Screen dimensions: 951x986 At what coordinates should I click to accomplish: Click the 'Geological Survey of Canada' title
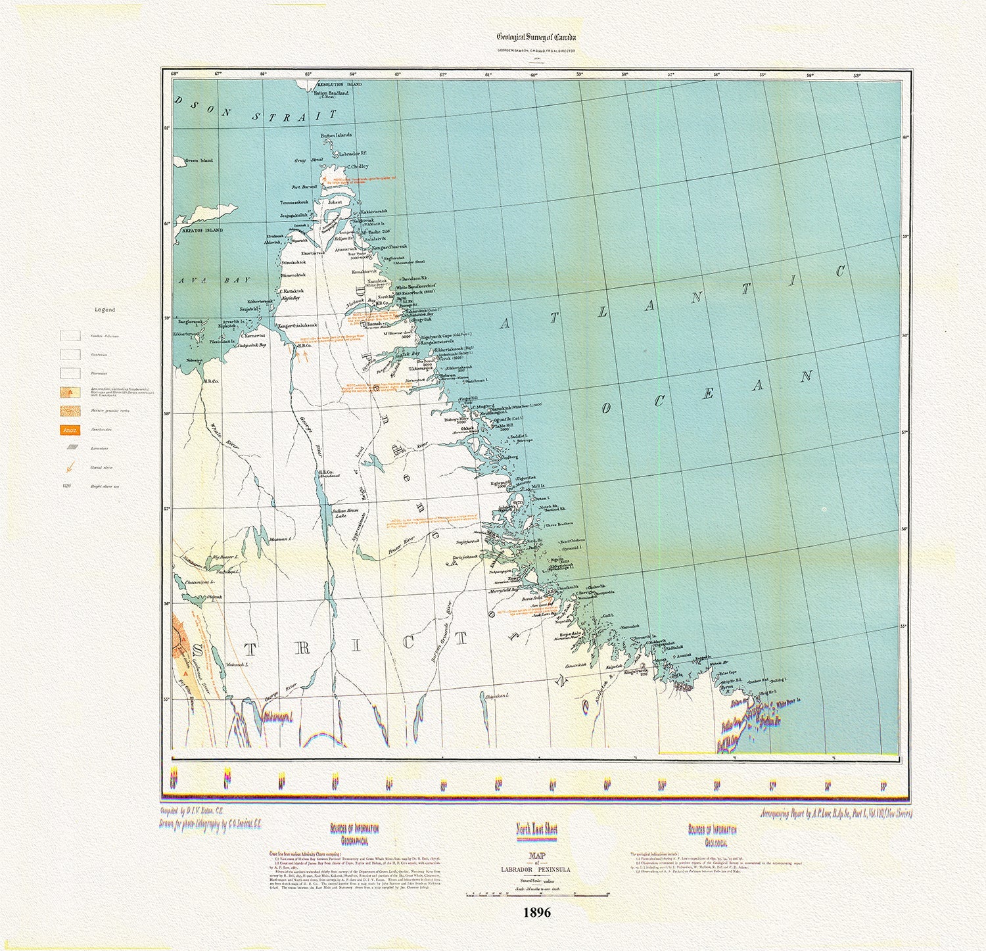pos(536,37)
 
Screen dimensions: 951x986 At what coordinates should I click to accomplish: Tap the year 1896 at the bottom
pos(536,912)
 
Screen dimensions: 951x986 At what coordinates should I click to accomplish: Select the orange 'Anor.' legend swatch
pos(70,430)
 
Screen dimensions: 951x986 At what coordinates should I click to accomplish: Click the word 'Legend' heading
pos(105,310)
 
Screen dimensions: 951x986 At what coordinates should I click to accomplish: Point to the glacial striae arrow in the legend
pos(69,468)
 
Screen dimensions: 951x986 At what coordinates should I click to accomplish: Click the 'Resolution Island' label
pos(340,85)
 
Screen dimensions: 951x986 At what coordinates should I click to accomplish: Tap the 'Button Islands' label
pos(336,135)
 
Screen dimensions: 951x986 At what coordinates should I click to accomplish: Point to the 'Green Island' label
pos(199,160)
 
